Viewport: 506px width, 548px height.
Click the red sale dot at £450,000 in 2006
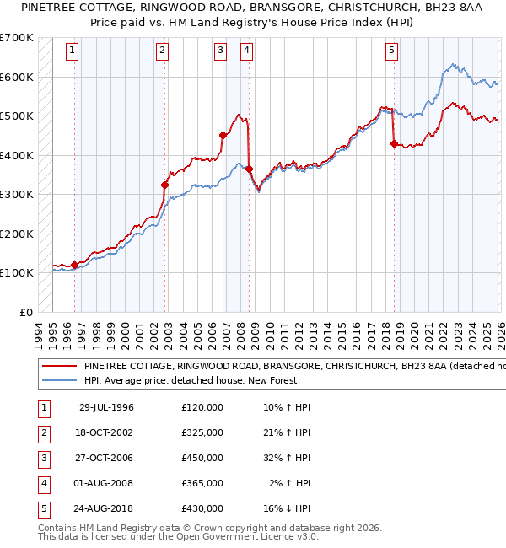tap(223, 135)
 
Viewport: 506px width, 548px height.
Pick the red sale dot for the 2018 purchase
tap(394, 143)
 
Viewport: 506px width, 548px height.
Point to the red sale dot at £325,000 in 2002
tap(165, 185)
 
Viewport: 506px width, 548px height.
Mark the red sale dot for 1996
tap(75, 265)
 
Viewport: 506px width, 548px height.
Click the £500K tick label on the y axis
tap(17, 116)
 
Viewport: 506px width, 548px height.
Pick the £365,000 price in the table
tap(202, 483)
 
